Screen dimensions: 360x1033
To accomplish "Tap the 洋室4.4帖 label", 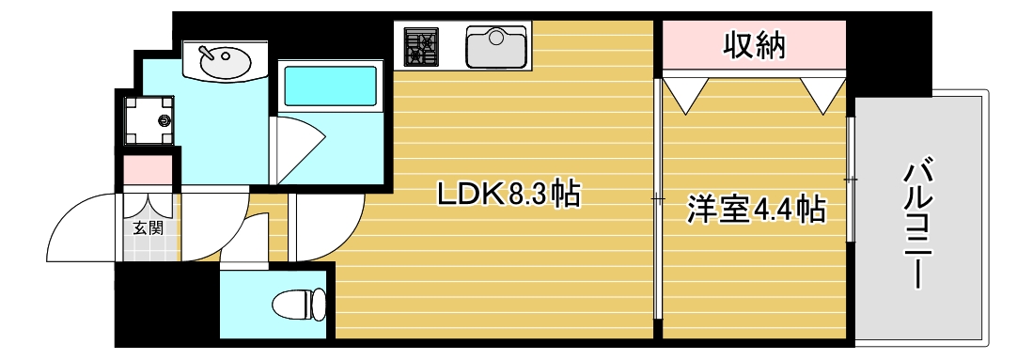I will coord(757,209).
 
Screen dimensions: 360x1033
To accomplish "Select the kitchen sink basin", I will coord(496,46).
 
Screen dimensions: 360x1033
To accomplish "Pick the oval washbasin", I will coord(225,63).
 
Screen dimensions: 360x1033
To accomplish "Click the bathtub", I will coord(328,86).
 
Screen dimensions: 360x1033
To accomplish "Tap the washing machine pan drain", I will coord(166,119).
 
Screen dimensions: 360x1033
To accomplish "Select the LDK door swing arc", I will coord(324,226).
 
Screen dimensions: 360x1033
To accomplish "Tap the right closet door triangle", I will coord(824,93).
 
